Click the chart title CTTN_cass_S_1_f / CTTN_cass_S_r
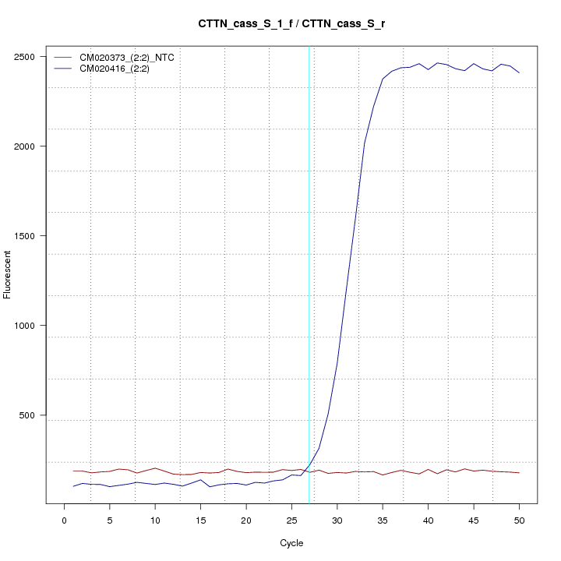click(291, 24)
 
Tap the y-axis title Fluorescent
click(9, 274)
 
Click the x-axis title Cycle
click(291, 543)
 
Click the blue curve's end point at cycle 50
click(519, 72)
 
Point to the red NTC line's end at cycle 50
click(519, 473)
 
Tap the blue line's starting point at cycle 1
click(73, 486)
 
